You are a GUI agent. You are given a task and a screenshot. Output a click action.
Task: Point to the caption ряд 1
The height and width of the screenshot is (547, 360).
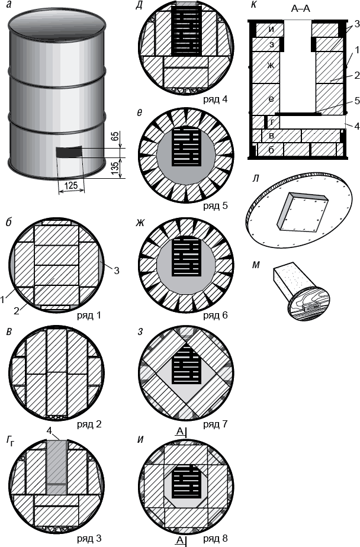click(89, 315)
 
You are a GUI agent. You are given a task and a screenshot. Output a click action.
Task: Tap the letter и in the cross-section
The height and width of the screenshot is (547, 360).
click(271, 28)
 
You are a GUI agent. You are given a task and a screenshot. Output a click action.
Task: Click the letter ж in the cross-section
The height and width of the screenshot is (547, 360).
click(271, 65)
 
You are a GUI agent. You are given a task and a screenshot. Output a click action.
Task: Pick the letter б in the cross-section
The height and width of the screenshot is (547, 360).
click(271, 149)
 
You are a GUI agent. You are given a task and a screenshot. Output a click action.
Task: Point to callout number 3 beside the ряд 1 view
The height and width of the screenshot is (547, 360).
click(117, 271)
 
